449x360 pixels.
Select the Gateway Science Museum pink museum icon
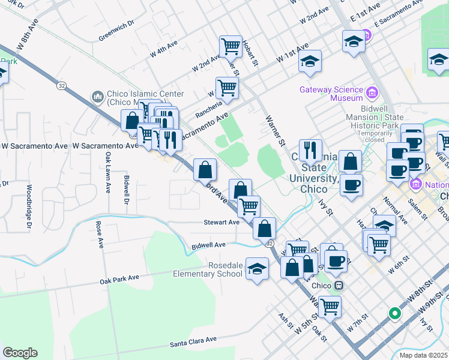372,93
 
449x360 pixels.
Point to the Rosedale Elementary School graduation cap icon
257,269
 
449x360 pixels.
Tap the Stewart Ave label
222,222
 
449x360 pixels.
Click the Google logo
20,353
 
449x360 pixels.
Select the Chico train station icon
339,285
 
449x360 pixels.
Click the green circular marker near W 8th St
394,313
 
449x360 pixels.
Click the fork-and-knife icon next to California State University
310,149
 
